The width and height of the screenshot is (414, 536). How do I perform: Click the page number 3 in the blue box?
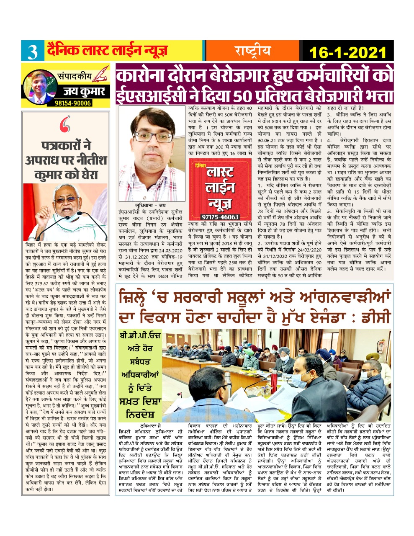[x=32, y=52]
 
